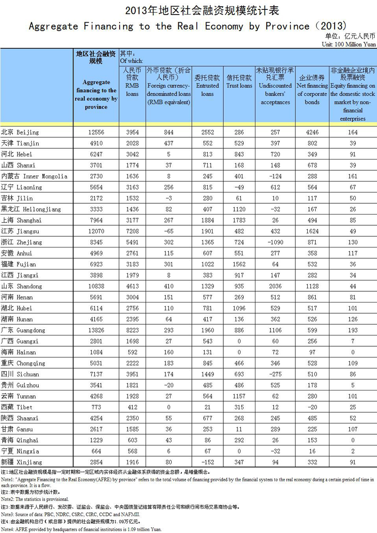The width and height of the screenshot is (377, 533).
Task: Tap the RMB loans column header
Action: [x=131, y=82]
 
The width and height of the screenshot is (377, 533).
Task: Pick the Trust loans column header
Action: [x=239, y=82]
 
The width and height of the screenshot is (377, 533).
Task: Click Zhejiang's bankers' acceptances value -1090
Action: [x=275, y=242]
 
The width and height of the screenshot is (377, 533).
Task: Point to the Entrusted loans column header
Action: [x=207, y=82]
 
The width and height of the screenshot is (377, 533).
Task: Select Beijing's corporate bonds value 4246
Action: [x=312, y=132]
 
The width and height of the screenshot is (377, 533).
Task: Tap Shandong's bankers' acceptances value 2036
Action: [x=275, y=286]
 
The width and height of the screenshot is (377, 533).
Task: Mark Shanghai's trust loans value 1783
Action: [x=239, y=220]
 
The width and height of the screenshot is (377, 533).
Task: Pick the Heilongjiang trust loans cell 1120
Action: [x=239, y=209]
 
